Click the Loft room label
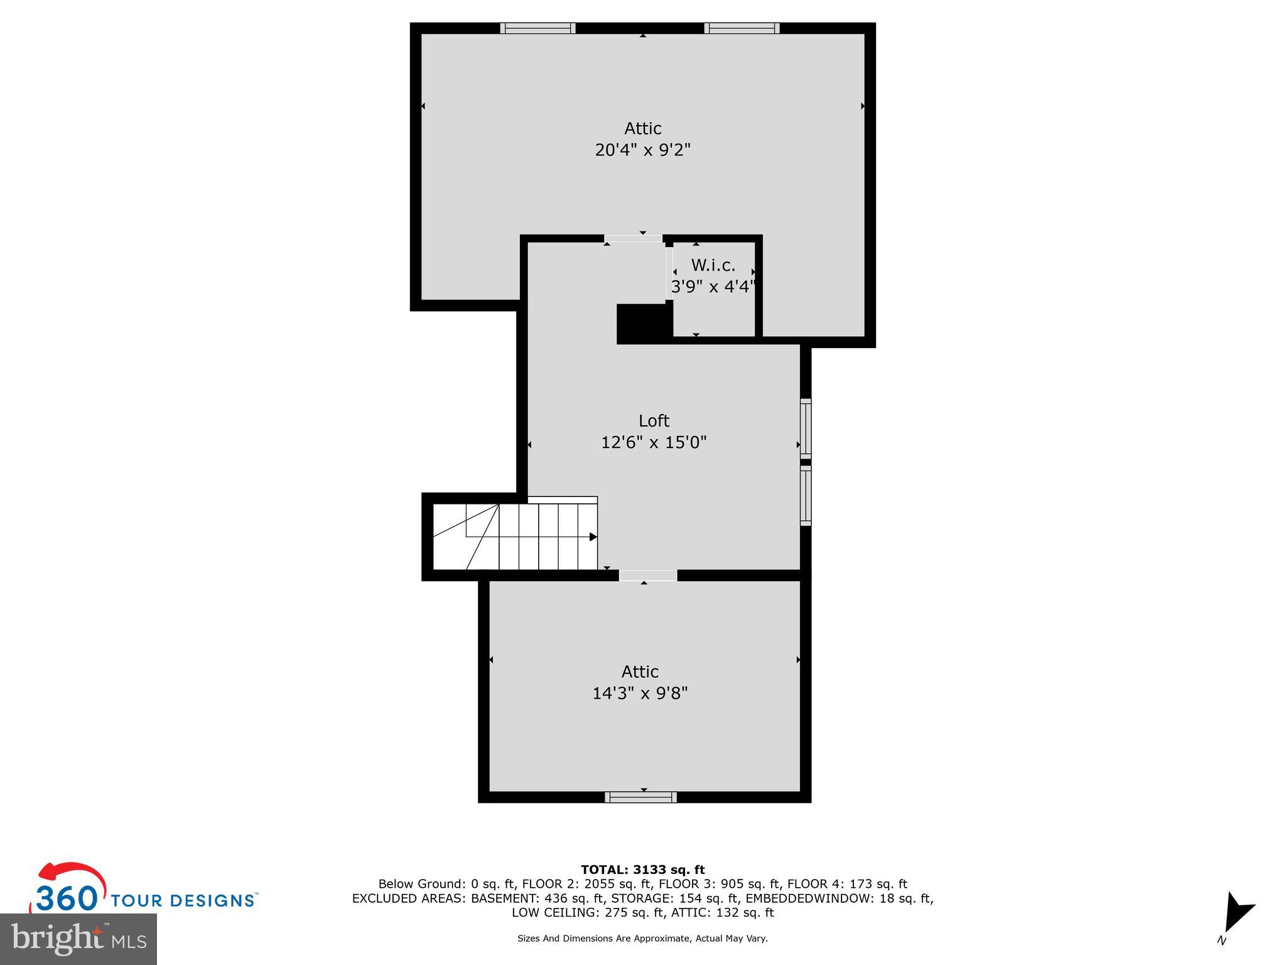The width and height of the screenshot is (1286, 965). pos(654,420)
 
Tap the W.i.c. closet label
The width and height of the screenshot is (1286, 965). pos(713,265)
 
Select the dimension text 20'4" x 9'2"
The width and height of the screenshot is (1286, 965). pos(642,150)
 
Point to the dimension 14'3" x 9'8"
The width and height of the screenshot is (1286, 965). pos(640,693)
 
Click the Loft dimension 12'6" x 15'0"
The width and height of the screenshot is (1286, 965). pos(654,442)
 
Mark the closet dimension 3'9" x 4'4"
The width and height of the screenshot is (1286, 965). pos(713,286)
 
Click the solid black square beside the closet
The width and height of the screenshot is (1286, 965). pos(641,324)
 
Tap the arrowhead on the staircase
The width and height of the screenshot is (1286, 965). pos(593,537)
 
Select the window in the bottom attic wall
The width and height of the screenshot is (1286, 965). pos(640,797)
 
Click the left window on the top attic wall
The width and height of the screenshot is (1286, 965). pos(538,28)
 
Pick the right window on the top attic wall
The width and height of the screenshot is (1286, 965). pos(742,28)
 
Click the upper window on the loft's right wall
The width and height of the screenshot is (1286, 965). pos(806,428)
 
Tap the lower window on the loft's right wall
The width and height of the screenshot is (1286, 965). pos(806,495)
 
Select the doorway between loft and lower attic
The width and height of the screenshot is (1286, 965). pos(648,575)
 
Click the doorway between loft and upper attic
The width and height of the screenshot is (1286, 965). pos(633,239)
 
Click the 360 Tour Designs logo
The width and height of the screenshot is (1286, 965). pos(143,888)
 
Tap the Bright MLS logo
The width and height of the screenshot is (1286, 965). pos(78,939)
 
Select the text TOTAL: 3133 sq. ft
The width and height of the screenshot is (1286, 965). pos(642,870)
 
